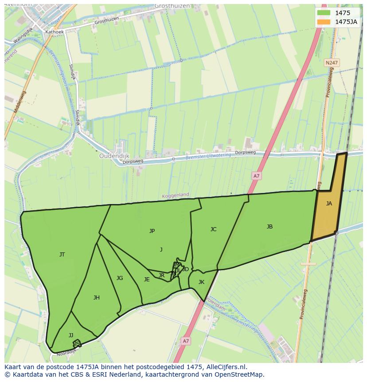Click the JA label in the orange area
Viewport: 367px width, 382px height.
coord(329,204)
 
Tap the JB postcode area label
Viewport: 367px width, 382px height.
coord(269,227)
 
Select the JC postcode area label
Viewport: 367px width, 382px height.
coord(213,229)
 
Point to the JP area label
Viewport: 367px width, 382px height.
coord(152,231)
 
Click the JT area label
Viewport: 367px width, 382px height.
coord(62,255)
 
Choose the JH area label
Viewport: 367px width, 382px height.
coord(96,298)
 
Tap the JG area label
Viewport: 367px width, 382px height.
coord(120,278)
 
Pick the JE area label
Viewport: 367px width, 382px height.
coord(147,280)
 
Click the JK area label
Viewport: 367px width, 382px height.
coord(201,282)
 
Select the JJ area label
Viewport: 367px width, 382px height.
coord(71,335)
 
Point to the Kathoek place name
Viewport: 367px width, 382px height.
coord(55,32)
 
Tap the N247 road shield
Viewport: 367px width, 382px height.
coord(331,63)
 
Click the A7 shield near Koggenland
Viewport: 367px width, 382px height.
coord(256,176)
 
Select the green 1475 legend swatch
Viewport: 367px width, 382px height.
coord(324,13)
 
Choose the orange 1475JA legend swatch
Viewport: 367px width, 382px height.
coord(324,22)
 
